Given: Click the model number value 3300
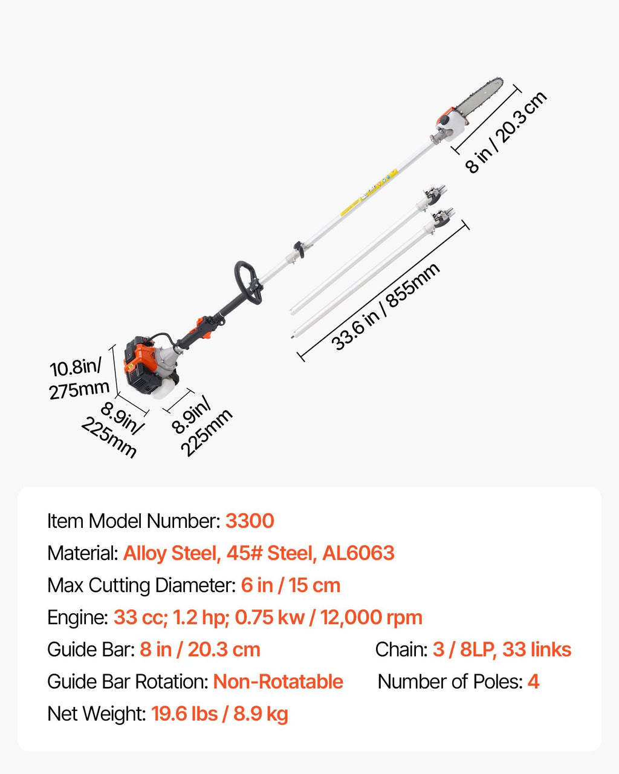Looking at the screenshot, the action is [250, 521].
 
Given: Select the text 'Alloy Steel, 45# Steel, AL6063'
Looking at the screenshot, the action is [259, 553].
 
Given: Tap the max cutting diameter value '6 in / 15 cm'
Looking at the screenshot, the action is [291, 585].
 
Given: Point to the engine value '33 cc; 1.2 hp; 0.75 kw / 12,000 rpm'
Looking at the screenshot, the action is [268, 617].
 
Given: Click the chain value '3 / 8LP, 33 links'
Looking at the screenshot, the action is [502, 649].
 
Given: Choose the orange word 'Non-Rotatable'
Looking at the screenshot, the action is [278, 681].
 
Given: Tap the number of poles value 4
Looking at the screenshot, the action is [533, 681].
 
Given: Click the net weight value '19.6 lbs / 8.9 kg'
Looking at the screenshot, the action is [219, 714].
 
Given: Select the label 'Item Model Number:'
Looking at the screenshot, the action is [134, 521].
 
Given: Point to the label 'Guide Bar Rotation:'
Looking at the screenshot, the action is [128, 681].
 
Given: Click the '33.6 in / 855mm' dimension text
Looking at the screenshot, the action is [386, 307].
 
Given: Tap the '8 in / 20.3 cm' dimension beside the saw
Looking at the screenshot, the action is [506, 132].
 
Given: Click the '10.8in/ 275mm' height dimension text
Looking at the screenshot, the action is [79, 378].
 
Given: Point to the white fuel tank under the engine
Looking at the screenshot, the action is [164, 390].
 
